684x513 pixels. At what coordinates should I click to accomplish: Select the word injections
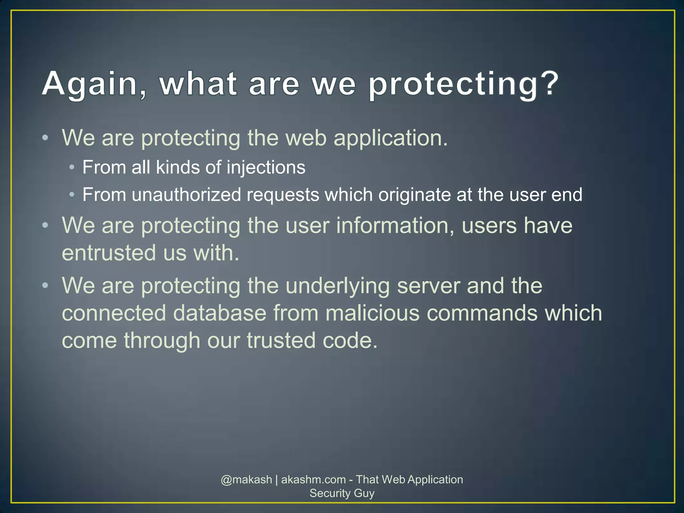click(x=266, y=167)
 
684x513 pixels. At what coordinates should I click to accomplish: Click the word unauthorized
click(x=186, y=195)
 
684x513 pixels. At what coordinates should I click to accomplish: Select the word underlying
click(x=338, y=286)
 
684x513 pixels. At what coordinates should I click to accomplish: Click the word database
click(x=219, y=313)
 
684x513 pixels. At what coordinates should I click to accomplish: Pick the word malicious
click(x=372, y=313)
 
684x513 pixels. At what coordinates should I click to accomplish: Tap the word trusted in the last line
click(x=281, y=340)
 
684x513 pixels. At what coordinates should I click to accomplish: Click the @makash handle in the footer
click(x=246, y=480)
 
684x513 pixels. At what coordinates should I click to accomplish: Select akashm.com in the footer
click(x=313, y=480)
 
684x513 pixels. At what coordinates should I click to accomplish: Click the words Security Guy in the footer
click(x=342, y=493)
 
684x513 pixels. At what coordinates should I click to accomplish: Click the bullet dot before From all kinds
click(x=71, y=167)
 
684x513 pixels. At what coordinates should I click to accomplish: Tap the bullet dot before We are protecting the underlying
click(x=45, y=286)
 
